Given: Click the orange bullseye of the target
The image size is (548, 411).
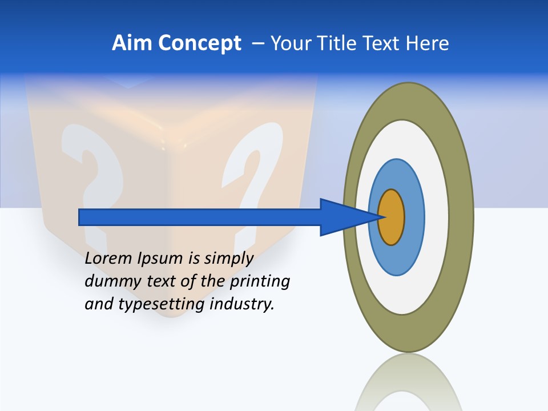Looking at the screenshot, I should pyautogui.click(x=391, y=217).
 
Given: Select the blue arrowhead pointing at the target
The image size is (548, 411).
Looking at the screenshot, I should pyautogui.click(x=342, y=217).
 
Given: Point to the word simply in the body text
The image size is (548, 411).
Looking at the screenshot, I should pyautogui.click(x=228, y=259).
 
